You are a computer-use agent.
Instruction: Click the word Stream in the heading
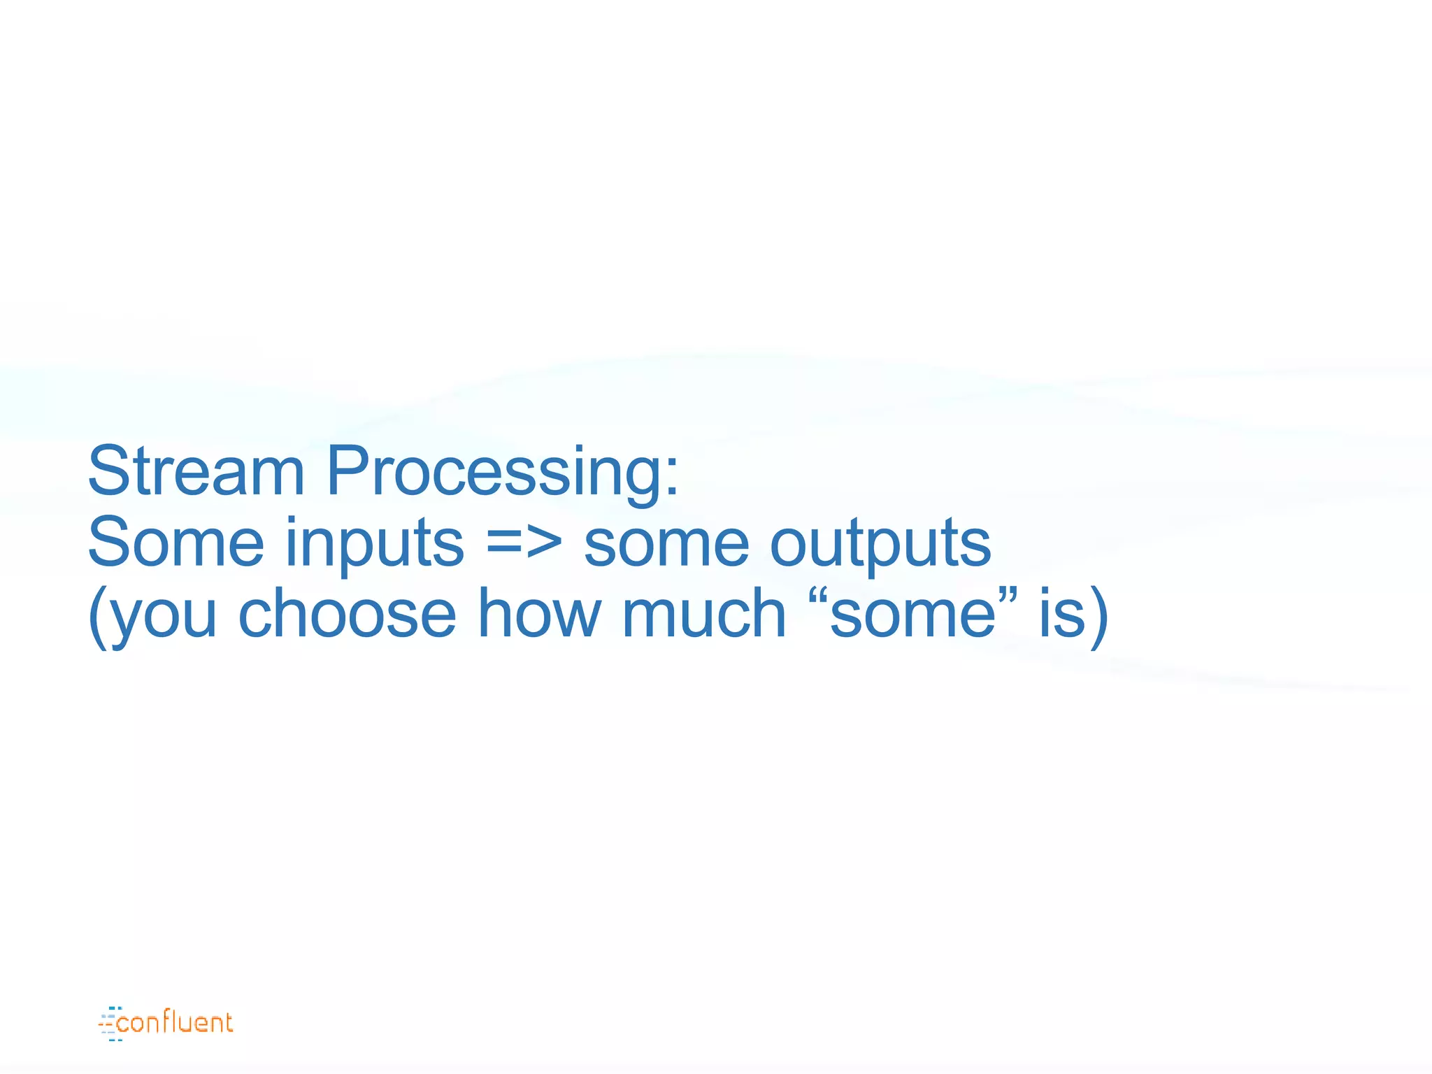click(196, 471)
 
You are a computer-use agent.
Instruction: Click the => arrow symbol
click(524, 544)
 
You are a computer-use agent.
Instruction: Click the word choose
click(347, 614)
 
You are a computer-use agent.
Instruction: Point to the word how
click(539, 614)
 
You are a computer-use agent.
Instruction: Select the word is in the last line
click(1061, 614)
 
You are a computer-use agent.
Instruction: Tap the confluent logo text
click(175, 1023)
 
